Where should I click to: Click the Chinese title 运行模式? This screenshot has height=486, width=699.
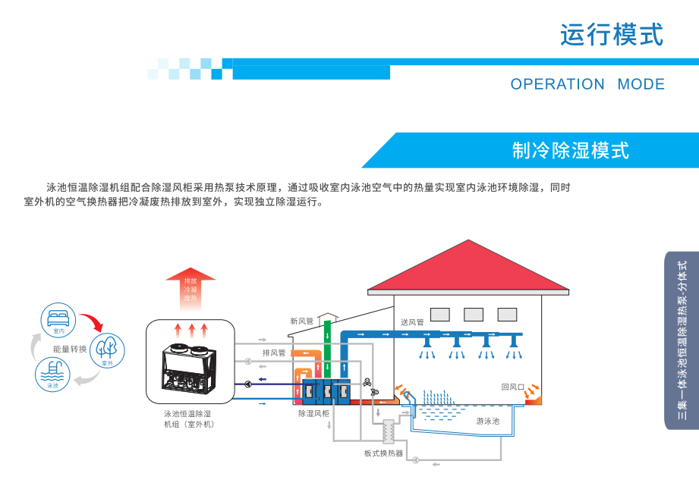[611, 34]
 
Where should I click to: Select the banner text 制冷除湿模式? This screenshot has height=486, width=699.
[571, 150]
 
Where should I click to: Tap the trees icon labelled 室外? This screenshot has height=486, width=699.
[107, 350]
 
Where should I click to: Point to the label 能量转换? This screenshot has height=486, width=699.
[71, 350]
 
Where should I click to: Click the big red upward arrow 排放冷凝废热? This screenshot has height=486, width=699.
[190, 287]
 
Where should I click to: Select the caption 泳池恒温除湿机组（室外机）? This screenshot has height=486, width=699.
[187, 419]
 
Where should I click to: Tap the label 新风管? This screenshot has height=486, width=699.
[301, 321]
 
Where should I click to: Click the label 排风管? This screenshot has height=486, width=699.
[274, 353]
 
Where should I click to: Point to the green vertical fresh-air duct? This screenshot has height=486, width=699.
[328, 349]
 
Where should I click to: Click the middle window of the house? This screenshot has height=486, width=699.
[473, 314]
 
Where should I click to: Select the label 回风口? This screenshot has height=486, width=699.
[512, 387]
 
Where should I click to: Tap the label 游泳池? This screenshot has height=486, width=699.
[487, 421]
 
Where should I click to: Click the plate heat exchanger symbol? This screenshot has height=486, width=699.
[392, 432]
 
